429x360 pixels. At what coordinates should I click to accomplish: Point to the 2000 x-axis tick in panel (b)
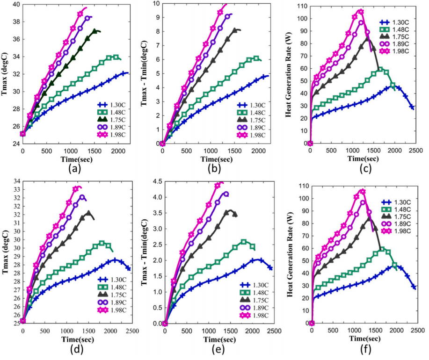[x=258, y=151]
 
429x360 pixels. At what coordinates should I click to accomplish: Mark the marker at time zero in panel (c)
[x=310, y=143]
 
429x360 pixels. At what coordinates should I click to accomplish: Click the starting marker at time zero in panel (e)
[x=165, y=323]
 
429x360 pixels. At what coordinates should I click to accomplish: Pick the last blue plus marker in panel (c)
[x=412, y=107]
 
